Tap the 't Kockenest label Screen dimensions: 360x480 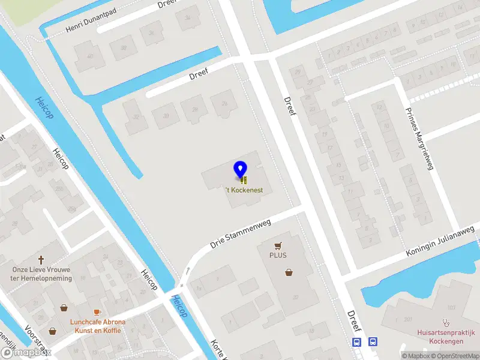point(244,190)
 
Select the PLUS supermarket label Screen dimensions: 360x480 point(278,255)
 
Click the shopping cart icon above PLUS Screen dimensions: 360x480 point(278,245)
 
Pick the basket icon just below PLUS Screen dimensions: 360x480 point(289,272)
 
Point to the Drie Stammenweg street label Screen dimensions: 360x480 point(241,234)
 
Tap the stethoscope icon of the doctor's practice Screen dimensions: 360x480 point(446,322)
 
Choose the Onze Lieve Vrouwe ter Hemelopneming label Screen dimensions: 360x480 point(42,274)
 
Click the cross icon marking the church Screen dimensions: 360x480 point(42,260)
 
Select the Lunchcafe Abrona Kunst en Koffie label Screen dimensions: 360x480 point(98,326)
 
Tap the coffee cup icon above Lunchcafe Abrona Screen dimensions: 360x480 point(98,313)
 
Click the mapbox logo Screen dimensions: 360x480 point(25,353)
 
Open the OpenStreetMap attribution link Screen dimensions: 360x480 point(454,356)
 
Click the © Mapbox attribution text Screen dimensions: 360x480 point(415,356)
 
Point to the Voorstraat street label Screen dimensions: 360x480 point(35,339)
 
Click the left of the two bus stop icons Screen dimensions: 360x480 point(357,342)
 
